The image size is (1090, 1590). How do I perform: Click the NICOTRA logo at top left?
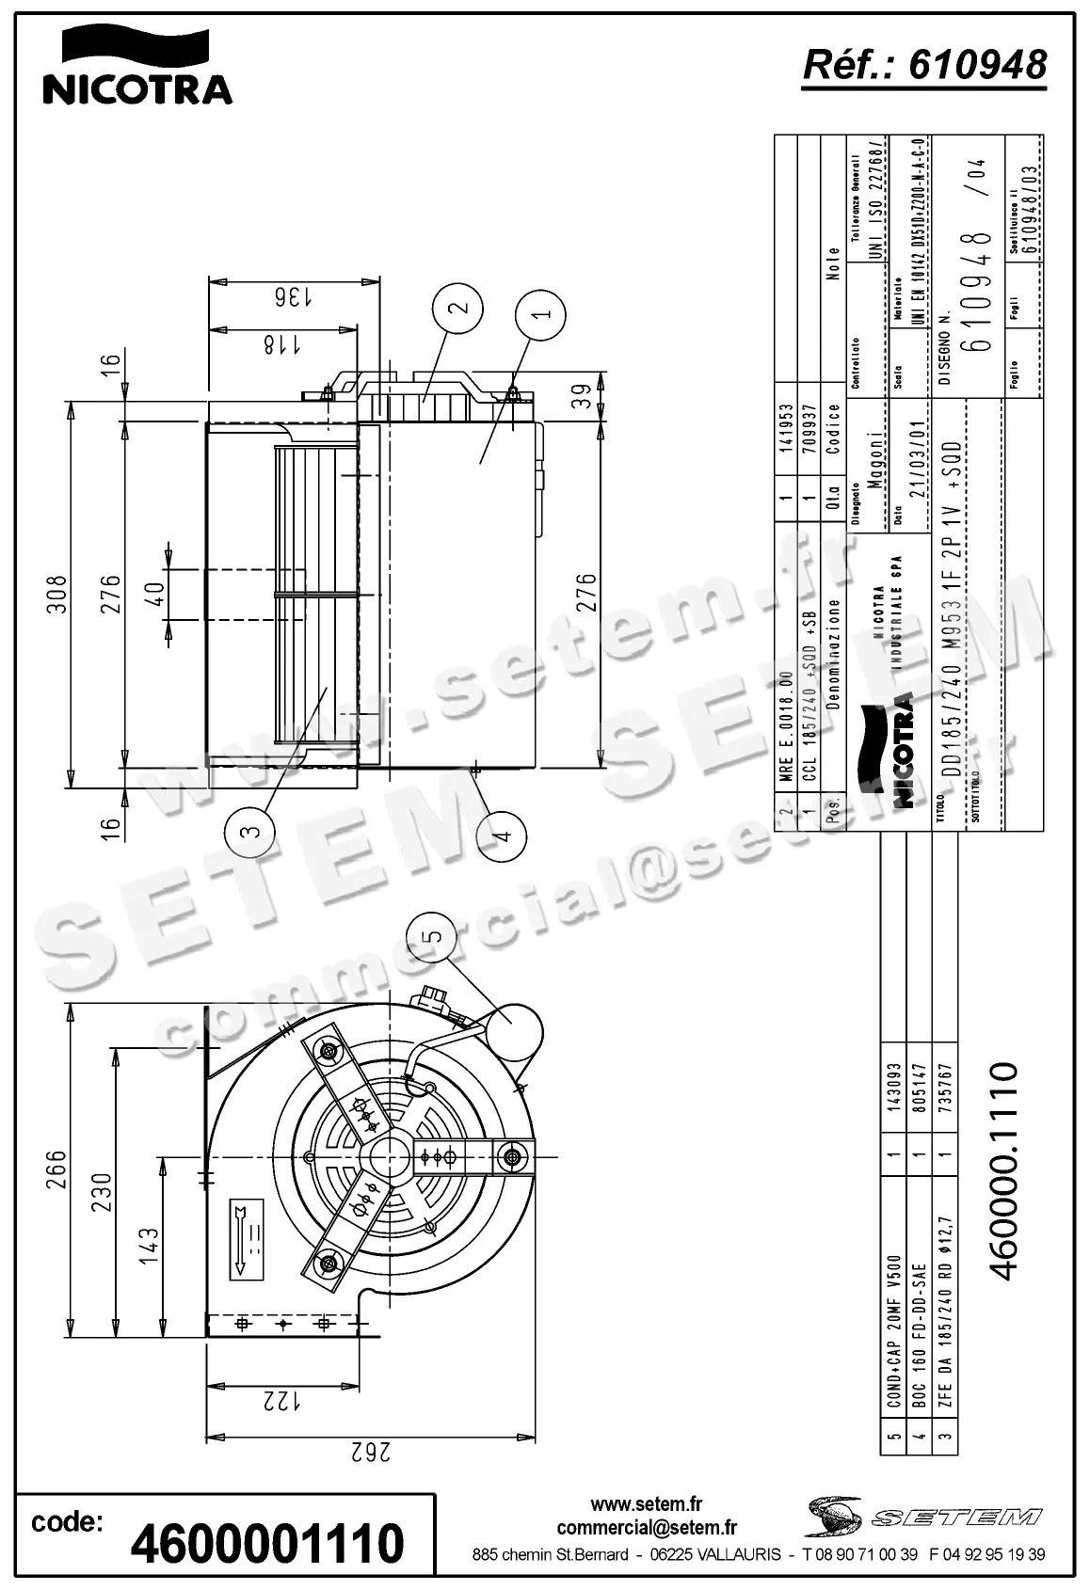137,66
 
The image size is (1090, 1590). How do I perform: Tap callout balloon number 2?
458,308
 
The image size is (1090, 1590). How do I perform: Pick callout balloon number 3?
249,831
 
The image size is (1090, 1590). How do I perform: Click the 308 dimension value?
58,594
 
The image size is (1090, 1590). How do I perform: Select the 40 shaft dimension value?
154,594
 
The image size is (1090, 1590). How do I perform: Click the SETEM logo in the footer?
923,1517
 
